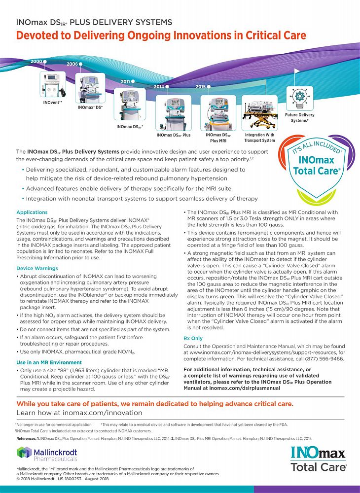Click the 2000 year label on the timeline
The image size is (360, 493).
36,61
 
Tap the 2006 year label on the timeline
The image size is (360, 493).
72,64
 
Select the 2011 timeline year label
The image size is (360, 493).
126,81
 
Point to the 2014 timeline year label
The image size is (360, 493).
159,87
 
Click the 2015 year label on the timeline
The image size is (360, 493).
200,87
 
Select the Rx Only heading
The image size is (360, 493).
193,339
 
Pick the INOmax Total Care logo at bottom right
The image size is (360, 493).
318,458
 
